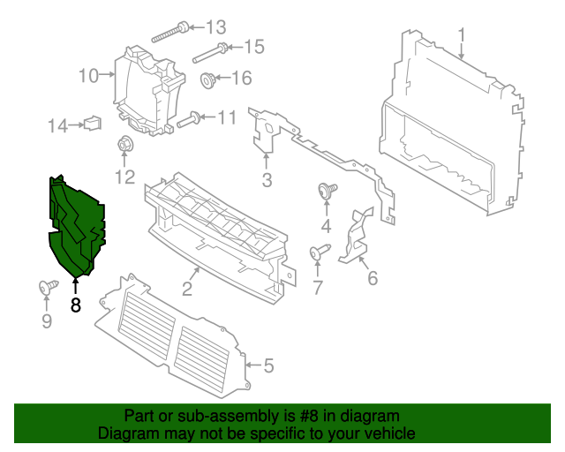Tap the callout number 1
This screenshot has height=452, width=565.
tap(461, 35)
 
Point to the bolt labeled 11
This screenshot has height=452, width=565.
tap(189, 120)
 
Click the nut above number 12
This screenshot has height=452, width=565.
tap(124, 145)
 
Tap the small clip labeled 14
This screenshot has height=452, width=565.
tap(91, 124)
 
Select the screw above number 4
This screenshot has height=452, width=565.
tap(325, 189)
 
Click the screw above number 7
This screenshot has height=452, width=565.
tap(317, 254)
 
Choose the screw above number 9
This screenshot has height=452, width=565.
tap(47, 287)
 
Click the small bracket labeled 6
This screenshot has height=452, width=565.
tap(358, 237)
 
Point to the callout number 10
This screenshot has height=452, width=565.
tap(88, 77)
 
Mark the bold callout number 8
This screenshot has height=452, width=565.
tap(75, 305)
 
